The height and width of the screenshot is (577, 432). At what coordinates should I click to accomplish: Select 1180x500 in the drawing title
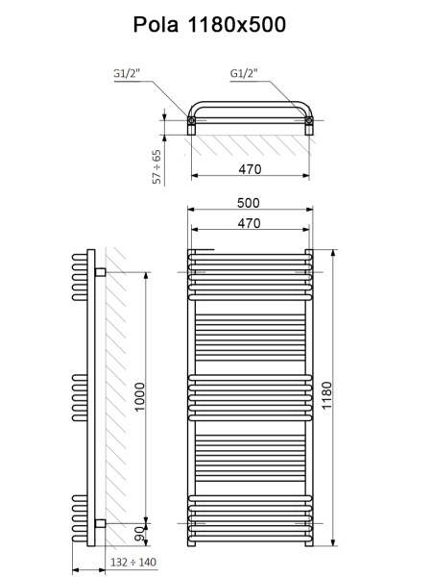pos(239,25)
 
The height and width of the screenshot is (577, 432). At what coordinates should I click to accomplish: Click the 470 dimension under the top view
pos(250,169)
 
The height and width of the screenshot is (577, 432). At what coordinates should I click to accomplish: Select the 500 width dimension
pos(250,203)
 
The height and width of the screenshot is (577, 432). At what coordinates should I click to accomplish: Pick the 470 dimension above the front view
pos(250,223)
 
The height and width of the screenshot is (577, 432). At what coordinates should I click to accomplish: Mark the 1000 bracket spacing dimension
pos(139,397)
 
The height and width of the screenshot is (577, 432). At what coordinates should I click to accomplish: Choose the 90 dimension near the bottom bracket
pos(139,533)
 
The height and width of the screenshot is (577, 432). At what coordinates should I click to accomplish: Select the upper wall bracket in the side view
pos(99,274)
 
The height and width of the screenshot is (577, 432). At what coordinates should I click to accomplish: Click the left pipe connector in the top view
pos(193,122)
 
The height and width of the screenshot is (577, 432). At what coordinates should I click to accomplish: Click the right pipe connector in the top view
pos(309,122)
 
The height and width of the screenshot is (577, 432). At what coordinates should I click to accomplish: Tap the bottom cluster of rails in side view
pos(78,514)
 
